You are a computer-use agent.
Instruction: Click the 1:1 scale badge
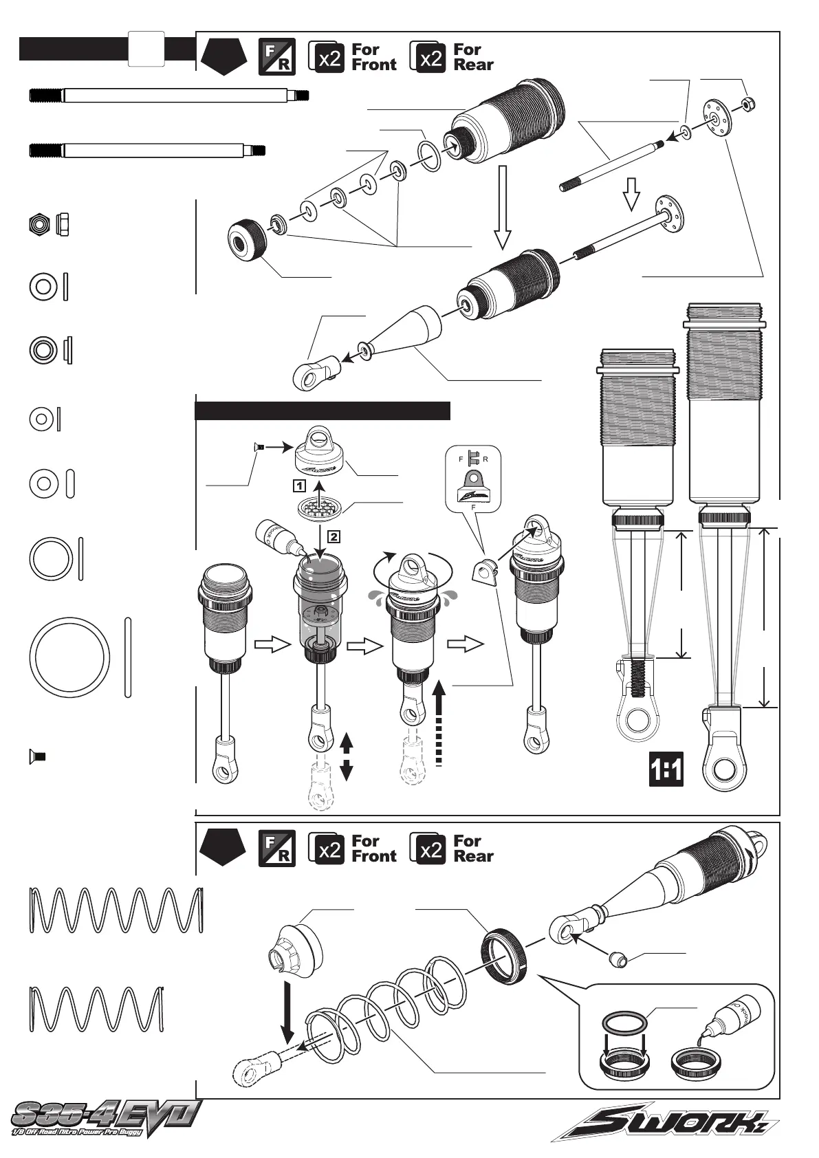(666, 769)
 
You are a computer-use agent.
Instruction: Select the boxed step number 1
(298, 485)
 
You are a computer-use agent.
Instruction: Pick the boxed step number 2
(333, 534)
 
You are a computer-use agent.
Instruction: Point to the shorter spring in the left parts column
(97, 1009)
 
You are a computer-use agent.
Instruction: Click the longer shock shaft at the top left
(168, 95)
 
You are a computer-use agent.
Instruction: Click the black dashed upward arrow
(441, 722)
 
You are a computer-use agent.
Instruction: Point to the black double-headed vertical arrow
(347, 756)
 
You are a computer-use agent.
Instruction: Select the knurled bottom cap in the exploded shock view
(248, 238)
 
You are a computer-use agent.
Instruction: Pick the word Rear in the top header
(473, 65)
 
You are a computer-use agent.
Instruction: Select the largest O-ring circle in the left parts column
(70, 658)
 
